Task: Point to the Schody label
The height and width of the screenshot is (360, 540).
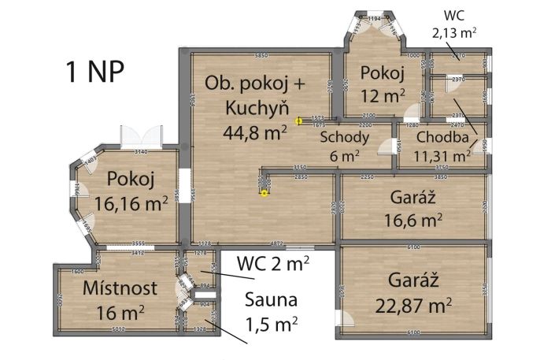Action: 344,137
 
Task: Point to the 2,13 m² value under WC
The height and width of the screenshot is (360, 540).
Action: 454,33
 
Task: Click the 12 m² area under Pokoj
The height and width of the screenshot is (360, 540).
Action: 383,95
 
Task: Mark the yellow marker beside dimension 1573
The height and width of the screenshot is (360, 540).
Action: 298,121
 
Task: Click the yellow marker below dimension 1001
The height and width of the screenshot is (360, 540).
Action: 264,195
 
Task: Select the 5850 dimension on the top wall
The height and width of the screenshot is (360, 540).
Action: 260,54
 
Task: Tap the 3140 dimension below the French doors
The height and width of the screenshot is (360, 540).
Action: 142,151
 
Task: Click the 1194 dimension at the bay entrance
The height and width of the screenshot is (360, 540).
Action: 375,17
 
